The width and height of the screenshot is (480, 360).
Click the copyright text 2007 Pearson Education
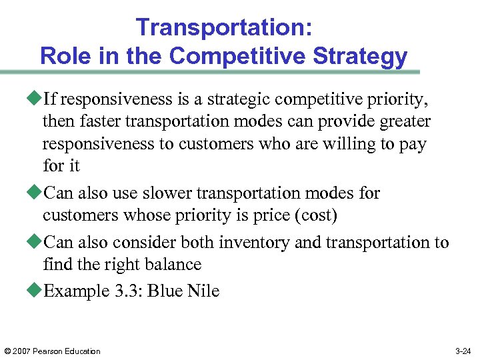tap(57, 351)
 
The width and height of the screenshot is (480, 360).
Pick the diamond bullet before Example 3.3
tap(36, 291)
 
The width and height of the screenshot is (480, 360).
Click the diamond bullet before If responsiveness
tap(36, 100)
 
